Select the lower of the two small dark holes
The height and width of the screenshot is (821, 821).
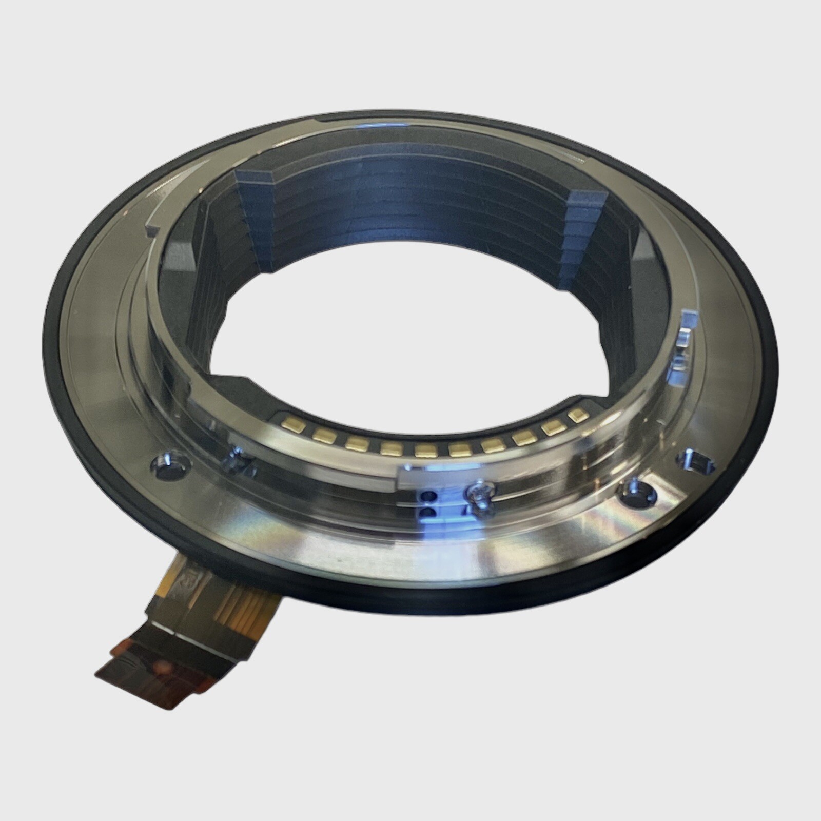[x=427, y=513]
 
